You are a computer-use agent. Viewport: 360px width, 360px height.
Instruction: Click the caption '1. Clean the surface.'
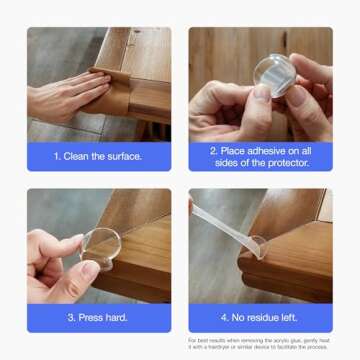[x=98, y=156]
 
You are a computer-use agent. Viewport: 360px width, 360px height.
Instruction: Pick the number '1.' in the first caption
[x=59, y=156]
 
